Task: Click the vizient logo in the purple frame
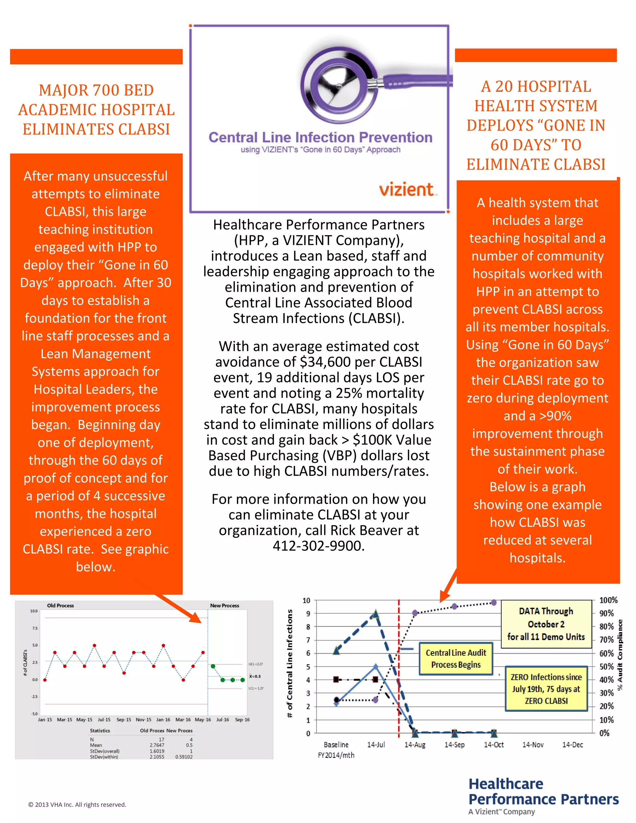408,189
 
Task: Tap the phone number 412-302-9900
318,546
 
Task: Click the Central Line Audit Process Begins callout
456,658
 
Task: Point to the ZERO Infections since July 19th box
546,689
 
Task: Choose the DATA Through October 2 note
546,624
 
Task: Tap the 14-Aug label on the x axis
415,745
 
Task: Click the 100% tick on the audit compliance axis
608,600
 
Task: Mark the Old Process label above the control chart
60,605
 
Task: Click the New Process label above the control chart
225,605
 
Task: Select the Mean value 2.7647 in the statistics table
157,745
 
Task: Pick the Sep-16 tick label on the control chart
242,719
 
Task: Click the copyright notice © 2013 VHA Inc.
77,805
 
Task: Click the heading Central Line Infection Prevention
320,138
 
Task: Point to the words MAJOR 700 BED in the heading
97,90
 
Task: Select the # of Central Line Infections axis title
290,663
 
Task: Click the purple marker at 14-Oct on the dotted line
493,602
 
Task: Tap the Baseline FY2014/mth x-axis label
336,749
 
